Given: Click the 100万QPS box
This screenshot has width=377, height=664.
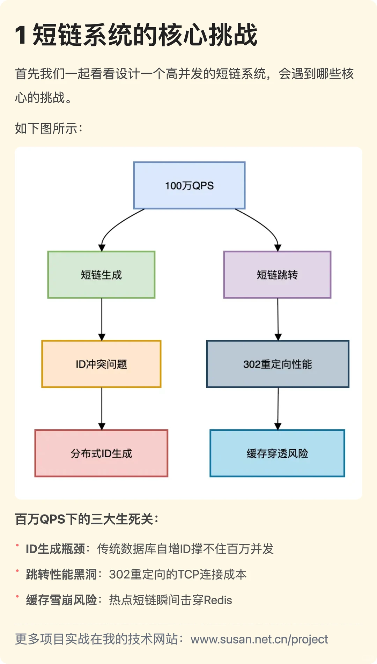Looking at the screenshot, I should pyautogui.click(x=189, y=185).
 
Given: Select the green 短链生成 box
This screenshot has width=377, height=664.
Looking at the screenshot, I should pyautogui.click(x=101, y=275).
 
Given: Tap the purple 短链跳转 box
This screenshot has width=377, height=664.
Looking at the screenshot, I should pyautogui.click(x=277, y=275).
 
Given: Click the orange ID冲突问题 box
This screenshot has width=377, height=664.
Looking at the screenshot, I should pyautogui.click(x=101, y=364).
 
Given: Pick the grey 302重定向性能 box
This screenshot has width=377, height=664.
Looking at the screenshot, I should pyautogui.click(x=278, y=364).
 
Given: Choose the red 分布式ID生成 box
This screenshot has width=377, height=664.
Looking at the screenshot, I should pyautogui.click(x=101, y=453).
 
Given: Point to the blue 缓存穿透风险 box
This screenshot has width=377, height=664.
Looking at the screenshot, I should pyautogui.click(x=277, y=453).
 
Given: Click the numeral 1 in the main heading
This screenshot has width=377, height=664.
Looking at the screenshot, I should pyautogui.click(x=21, y=35).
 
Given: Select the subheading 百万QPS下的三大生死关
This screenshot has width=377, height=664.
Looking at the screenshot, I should pyautogui.click(x=87, y=519).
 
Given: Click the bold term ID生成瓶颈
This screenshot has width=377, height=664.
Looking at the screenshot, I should pyautogui.click(x=56, y=549).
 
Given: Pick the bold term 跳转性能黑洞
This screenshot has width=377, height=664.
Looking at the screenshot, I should pyautogui.click(x=61, y=574).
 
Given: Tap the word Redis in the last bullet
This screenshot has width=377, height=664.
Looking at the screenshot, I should pyautogui.click(x=218, y=600).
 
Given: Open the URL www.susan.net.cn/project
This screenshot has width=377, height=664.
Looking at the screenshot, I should pyautogui.click(x=259, y=639).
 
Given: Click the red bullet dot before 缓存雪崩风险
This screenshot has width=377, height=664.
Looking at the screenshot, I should pyautogui.click(x=17, y=596).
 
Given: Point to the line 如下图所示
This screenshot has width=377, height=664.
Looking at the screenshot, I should pyautogui.click(x=49, y=128).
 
